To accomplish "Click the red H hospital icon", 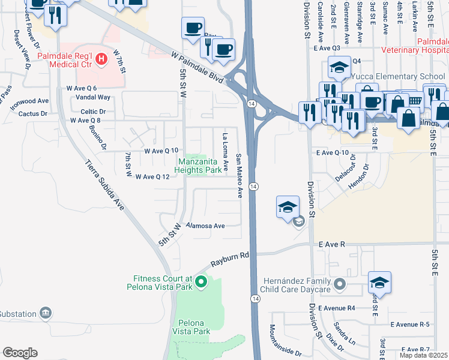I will [101, 58].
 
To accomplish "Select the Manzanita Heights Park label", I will [199, 166].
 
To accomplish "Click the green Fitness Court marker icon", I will [202, 281].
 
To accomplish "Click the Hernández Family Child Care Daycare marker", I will [341, 283].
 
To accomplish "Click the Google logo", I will [20, 353].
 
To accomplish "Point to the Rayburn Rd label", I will [229, 259].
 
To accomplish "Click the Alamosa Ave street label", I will [205, 226].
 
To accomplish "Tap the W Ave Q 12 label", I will [152, 176].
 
